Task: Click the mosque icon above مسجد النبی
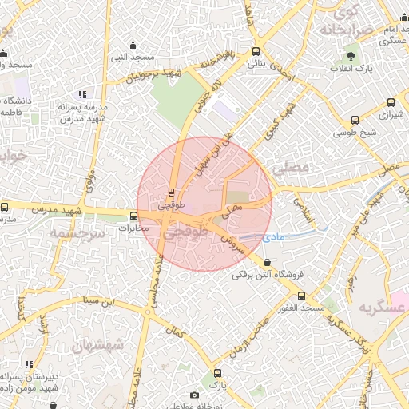[133, 45]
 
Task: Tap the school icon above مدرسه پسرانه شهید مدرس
[82, 94]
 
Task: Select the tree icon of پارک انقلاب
[351, 56]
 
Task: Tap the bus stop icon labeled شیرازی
[391, 102]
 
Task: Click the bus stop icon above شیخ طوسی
[355, 121]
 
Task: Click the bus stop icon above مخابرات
[133, 215]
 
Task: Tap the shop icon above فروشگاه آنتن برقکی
[266, 262]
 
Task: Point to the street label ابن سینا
[104, 302]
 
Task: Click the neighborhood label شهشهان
[98, 345]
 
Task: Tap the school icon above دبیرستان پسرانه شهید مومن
[29, 364]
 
